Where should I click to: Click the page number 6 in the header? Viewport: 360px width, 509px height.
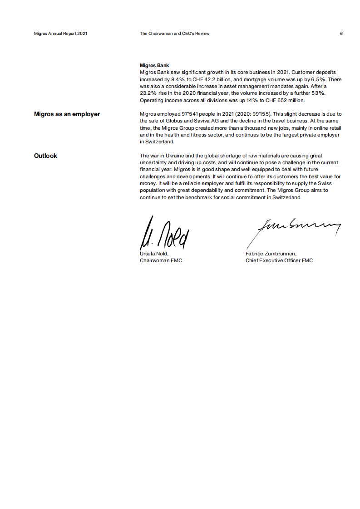341,34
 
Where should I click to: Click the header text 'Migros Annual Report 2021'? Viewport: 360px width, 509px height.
60,34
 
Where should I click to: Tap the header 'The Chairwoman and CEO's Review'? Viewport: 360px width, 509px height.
174,34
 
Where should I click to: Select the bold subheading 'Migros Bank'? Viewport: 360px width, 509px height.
154,66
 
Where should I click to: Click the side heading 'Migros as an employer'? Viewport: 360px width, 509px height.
67,114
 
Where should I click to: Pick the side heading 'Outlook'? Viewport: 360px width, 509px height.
45,156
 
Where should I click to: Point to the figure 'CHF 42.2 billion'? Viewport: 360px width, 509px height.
215,79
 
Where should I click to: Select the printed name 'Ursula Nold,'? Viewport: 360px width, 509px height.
154,254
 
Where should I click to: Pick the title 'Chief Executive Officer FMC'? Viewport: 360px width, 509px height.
279,260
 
